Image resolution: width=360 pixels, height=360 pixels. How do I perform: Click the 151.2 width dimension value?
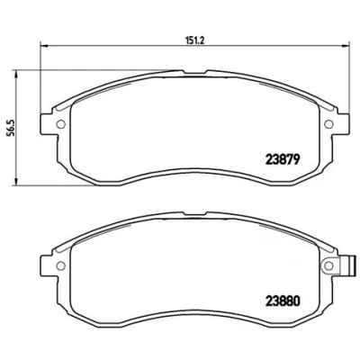pos(195,40)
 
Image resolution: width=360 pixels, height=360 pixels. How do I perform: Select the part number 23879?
pos(283,160)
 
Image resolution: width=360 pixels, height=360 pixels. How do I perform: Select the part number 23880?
pos(283,301)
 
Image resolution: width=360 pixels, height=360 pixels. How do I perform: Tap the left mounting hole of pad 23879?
pos(61,123)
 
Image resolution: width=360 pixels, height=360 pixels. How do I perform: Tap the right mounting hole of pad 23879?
pos(328,123)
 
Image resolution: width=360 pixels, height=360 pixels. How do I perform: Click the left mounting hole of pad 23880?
pos(61,265)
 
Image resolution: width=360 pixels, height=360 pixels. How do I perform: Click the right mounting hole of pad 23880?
pos(328,265)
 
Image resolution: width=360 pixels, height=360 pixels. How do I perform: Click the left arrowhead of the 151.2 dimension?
pos(44,46)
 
